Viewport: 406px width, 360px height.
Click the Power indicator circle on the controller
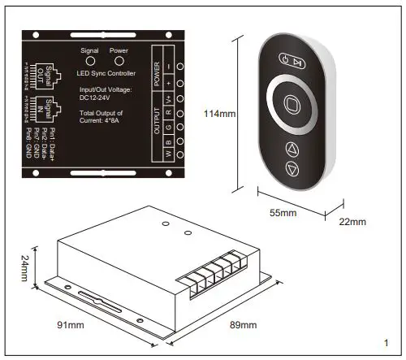pyautogui.click(x=118, y=61)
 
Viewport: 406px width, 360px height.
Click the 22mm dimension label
pyautogui.click(x=353, y=221)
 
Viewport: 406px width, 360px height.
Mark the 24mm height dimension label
pyautogui.click(x=25, y=268)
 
